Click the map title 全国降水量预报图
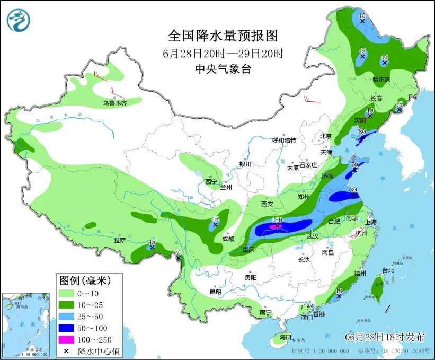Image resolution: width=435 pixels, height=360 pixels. [223, 36]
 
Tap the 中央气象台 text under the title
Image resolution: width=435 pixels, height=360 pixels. [223, 68]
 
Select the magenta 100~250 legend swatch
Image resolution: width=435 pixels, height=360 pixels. [66, 339]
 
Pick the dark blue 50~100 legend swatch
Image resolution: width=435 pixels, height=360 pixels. [66, 328]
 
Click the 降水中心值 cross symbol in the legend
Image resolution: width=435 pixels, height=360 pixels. [66, 351]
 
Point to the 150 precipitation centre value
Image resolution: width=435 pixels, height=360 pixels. [276, 220]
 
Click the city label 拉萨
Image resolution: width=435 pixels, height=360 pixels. [120, 240]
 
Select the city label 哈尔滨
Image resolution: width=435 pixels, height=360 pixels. [381, 80]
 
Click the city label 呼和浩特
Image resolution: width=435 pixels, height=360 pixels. [284, 140]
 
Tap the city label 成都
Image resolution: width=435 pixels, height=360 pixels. [228, 239]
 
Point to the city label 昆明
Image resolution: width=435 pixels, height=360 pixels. [215, 291]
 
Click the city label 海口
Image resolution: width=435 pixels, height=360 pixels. [286, 337]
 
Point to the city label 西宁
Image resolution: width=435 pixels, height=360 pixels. [211, 182]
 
